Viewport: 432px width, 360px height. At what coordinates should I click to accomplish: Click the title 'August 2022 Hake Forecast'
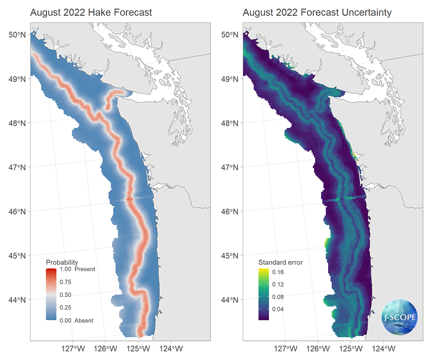[x=91, y=13]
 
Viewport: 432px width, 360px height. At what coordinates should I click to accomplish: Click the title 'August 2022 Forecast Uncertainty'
[x=317, y=13]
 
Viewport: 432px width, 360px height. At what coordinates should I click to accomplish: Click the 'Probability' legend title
[x=62, y=262]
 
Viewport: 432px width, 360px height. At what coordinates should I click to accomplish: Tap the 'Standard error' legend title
[x=280, y=262]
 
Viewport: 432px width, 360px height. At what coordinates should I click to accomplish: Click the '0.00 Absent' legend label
[x=77, y=320]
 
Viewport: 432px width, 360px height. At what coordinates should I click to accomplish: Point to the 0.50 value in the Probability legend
[x=66, y=295]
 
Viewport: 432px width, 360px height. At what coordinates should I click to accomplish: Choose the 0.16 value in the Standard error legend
[x=278, y=272]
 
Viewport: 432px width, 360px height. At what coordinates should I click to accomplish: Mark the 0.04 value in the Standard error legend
[x=278, y=309]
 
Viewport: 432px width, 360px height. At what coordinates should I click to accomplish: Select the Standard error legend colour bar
[x=264, y=294]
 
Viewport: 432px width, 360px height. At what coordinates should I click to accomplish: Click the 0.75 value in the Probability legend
[x=66, y=282]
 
